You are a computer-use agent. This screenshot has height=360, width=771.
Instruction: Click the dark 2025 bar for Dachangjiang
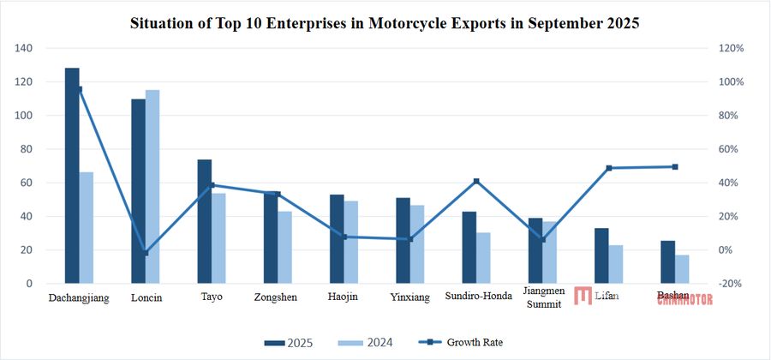[x=72, y=176]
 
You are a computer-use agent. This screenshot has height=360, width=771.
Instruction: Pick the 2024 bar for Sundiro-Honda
[x=484, y=258]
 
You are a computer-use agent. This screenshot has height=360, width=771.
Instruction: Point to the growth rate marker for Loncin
[x=146, y=253]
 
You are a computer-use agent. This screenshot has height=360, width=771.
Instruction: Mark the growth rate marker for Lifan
[x=609, y=168]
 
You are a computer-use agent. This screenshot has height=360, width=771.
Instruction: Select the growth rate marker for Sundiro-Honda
[x=476, y=181]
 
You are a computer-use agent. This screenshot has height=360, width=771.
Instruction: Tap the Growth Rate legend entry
[x=463, y=343]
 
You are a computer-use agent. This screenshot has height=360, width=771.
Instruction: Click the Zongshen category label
[x=277, y=297]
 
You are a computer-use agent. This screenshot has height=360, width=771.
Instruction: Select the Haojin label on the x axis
[x=344, y=297]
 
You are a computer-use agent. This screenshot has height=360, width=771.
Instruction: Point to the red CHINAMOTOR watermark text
[x=684, y=300]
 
